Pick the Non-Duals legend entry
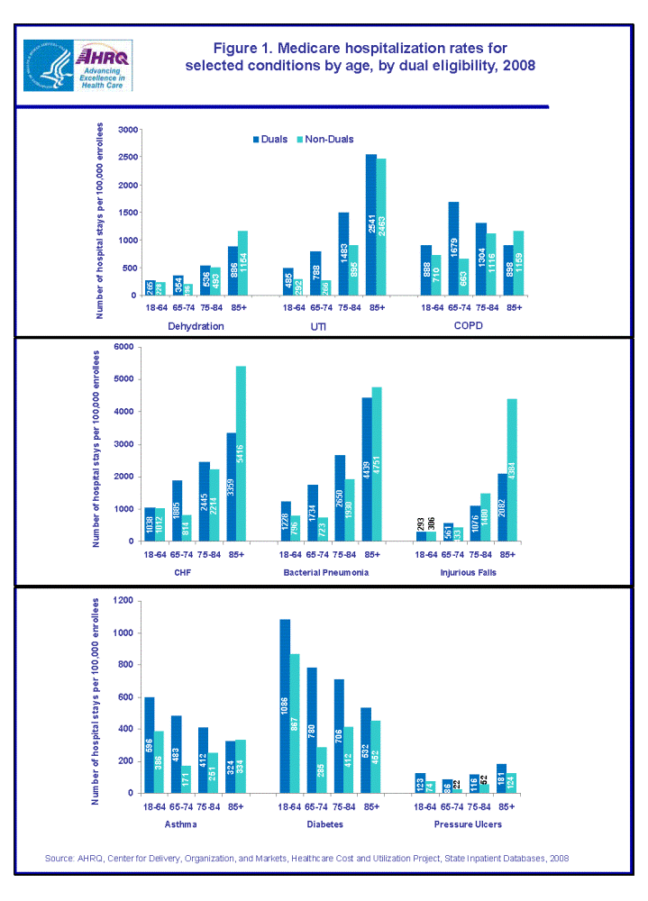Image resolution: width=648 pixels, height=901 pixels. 328,140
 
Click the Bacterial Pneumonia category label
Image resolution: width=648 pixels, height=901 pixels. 319,571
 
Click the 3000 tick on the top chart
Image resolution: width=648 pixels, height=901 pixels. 125,131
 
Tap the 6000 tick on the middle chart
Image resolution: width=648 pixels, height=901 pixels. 125,347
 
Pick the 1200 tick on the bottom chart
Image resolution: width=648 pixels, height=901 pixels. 125,600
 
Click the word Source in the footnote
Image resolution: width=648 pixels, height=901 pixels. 59,858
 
